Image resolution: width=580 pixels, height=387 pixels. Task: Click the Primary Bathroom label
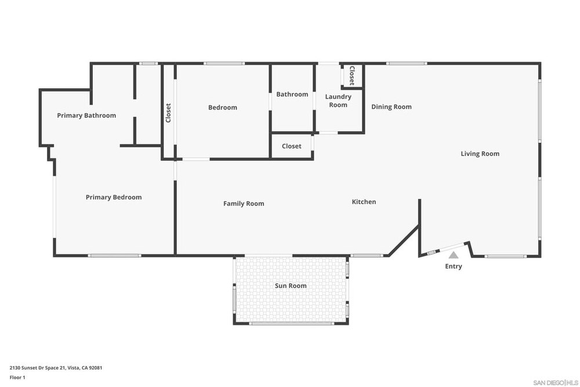click(x=86, y=115)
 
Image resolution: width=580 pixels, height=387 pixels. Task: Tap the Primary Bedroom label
click(x=114, y=197)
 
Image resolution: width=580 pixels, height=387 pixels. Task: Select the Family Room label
click(x=244, y=204)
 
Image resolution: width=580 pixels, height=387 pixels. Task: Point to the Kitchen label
click(x=364, y=202)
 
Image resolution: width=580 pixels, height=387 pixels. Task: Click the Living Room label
click(x=480, y=154)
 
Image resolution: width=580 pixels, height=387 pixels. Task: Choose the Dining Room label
click(x=391, y=107)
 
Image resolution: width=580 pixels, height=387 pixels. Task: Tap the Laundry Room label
click(x=338, y=100)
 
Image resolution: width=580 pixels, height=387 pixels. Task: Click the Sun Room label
click(x=291, y=285)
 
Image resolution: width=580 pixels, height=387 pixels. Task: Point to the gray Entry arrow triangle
click(x=454, y=255)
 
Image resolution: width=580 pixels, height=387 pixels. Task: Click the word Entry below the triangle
click(x=454, y=266)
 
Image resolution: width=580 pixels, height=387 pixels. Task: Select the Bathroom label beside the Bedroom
click(x=292, y=95)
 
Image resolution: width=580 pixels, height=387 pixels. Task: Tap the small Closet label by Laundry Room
click(x=352, y=75)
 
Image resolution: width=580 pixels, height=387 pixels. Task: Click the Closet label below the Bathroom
click(x=292, y=146)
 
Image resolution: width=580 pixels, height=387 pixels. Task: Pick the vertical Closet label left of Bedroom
click(x=168, y=113)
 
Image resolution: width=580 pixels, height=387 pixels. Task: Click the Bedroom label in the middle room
click(x=222, y=108)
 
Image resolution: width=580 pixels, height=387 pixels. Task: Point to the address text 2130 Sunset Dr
click(x=56, y=368)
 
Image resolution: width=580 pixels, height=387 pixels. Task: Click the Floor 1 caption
click(x=17, y=377)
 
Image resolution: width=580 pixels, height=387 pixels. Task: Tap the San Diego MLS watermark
click(x=556, y=382)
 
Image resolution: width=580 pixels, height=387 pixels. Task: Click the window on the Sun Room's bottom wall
click(x=291, y=324)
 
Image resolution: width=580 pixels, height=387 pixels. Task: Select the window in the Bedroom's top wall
click(x=224, y=64)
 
